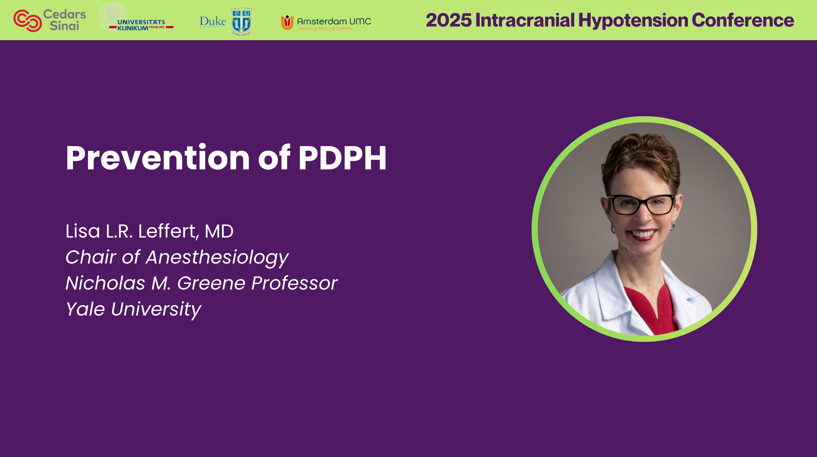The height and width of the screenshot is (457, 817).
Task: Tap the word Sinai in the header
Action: coord(64,26)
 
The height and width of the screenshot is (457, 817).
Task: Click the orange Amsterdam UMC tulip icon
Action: coord(287,22)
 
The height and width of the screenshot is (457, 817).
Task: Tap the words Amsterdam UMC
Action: coord(334,21)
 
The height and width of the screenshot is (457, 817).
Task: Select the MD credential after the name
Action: coord(219,231)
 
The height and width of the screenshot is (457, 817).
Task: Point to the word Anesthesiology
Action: coord(217,257)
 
